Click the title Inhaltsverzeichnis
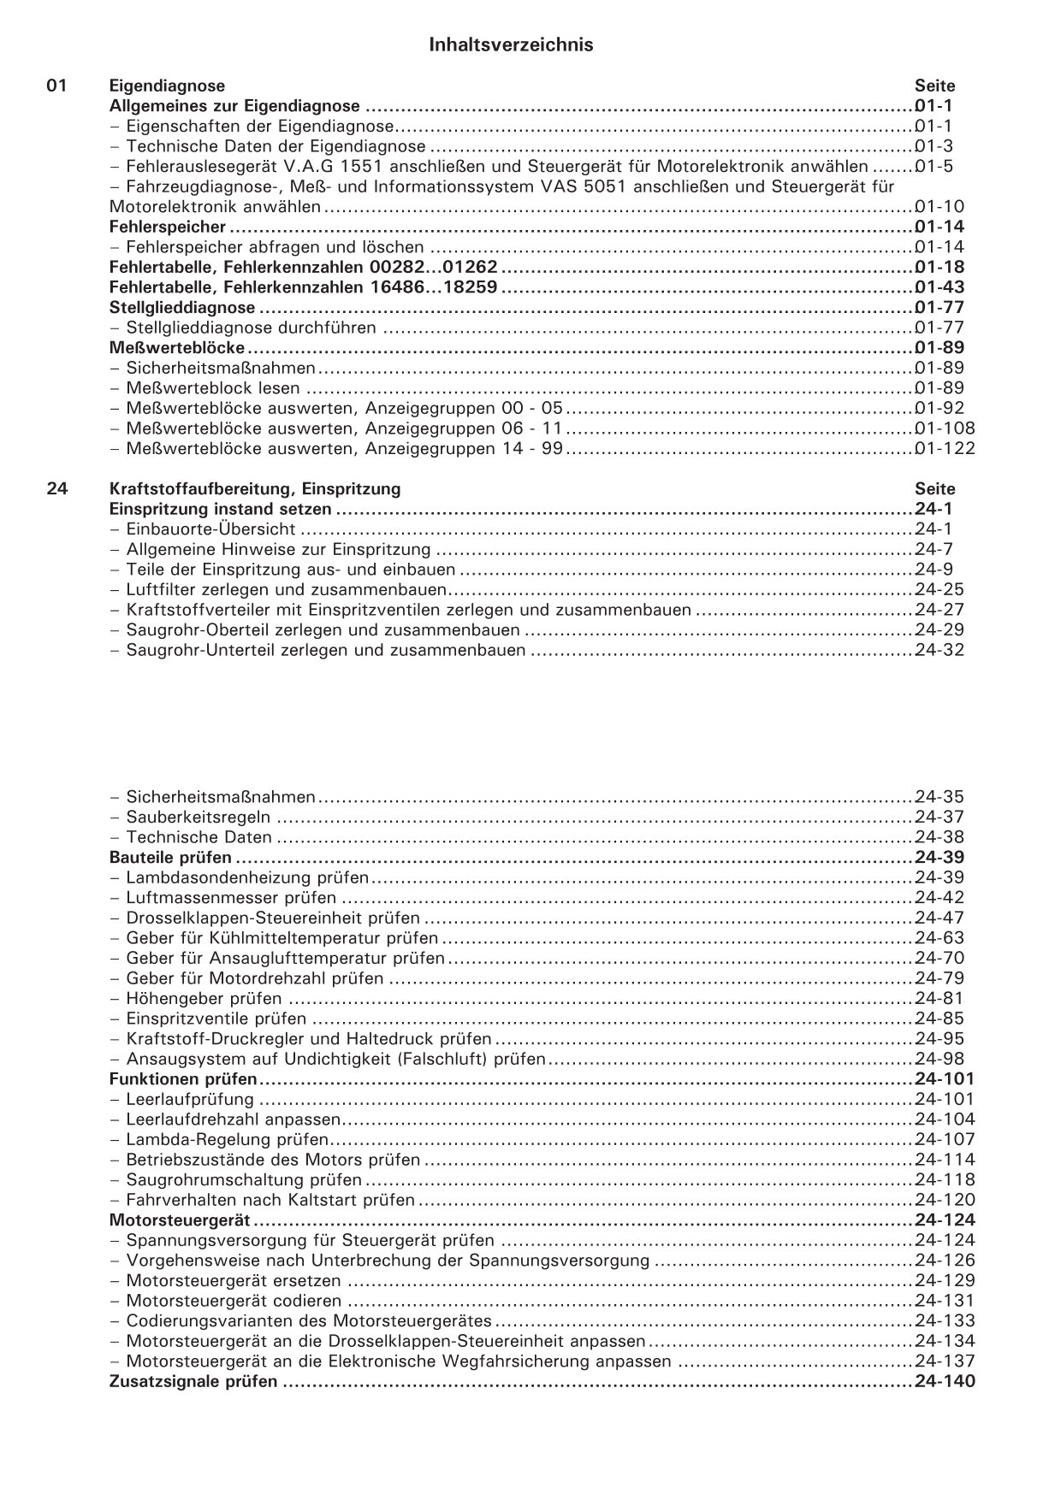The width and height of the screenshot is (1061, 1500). pyautogui.click(x=511, y=45)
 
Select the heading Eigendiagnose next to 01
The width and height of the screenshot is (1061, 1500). pyautogui.click(x=168, y=86)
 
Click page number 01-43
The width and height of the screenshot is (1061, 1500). pyautogui.click(x=939, y=287)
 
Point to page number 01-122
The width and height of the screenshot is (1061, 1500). pyautogui.click(x=944, y=449)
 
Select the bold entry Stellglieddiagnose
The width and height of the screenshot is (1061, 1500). pyautogui.click(x=182, y=308)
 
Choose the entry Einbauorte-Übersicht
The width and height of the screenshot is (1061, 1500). pyautogui.click(x=211, y=529)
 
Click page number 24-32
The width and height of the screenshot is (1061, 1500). pyautogui.click(x=939, y=650)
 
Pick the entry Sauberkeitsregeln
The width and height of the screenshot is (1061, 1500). pyautogui.click(x=199, y=818)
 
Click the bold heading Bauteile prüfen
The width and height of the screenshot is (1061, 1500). pyautogui.click(x=170, y=858)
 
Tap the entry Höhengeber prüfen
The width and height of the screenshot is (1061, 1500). pyautogui.click(x=204, y=999)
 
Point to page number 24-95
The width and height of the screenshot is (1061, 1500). pyautogui.click(x=939, y=1039)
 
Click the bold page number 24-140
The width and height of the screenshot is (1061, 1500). pyautogui.click(x=944, y=1382)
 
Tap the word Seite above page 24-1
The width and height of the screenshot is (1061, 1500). pyautogui.click(x=934, y=489)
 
